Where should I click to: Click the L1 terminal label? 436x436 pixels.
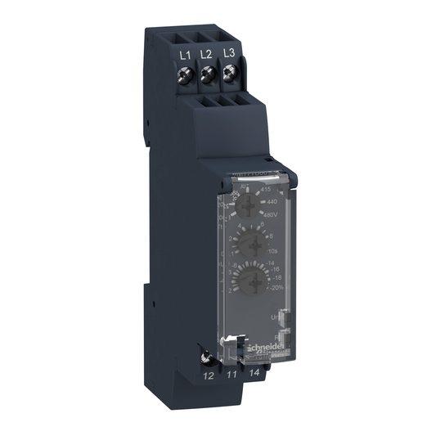coord(185,53)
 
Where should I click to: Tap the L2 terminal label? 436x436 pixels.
coord(207,53)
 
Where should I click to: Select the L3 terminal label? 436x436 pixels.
coord(229,54)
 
